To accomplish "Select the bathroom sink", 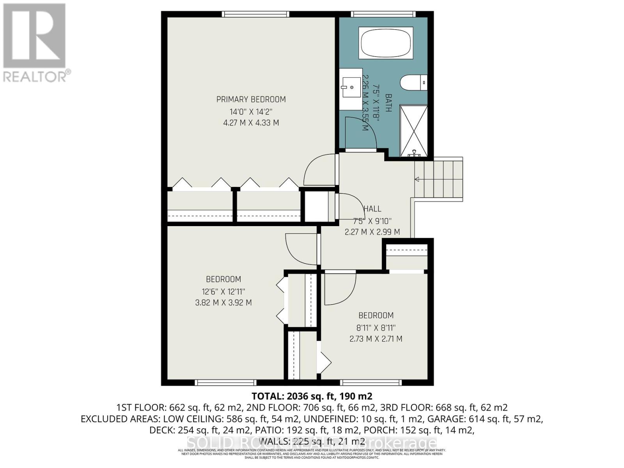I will click(x=351, y=88).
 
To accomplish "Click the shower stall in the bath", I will click(x=414, y=131).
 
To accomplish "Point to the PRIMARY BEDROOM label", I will click(x=251, y=99).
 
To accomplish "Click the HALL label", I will click(x=372, y=209).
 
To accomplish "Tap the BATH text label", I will click(x=388, y=103).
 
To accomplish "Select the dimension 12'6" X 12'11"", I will click(x=223, y=291).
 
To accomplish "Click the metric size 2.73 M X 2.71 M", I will click(x=376, y=339).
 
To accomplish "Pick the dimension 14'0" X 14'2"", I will click(x=251, y=112).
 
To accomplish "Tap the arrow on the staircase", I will click(x=417, y=179).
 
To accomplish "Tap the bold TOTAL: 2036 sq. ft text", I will click(x=312, y=396).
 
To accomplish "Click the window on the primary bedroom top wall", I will click(x=255, y=14).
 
